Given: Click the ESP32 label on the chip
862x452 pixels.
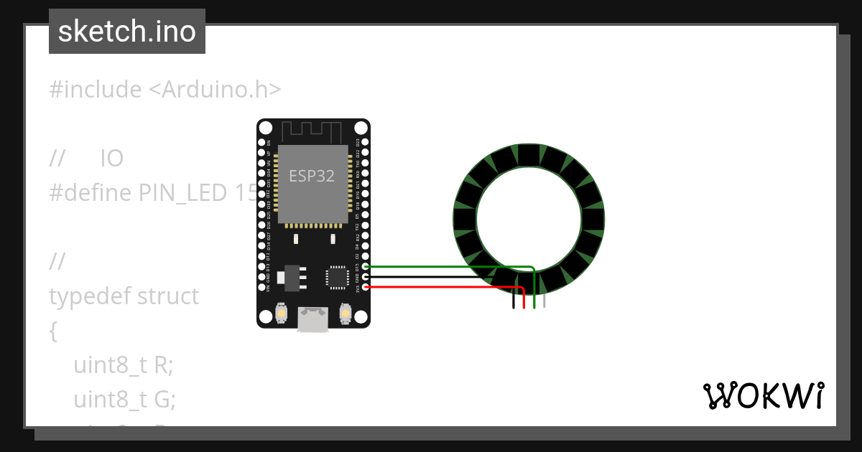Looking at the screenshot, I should [312, 176].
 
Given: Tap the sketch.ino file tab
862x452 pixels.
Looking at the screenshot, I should [127, 32].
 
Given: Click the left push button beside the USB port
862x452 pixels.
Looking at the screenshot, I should [282, 314].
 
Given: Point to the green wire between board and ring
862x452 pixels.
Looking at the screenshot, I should [445, 267].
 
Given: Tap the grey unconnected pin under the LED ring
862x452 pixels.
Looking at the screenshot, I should [544, 301].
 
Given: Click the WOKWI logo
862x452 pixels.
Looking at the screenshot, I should [763, 396].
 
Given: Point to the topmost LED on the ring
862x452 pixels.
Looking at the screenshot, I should [529, 154].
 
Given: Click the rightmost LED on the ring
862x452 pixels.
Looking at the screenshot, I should [593, 219].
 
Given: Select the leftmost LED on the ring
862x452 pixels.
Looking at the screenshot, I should [464, 219].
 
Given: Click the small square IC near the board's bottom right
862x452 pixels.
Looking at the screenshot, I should [336, 276].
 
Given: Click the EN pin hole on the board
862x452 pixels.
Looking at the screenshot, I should [261, 142].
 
